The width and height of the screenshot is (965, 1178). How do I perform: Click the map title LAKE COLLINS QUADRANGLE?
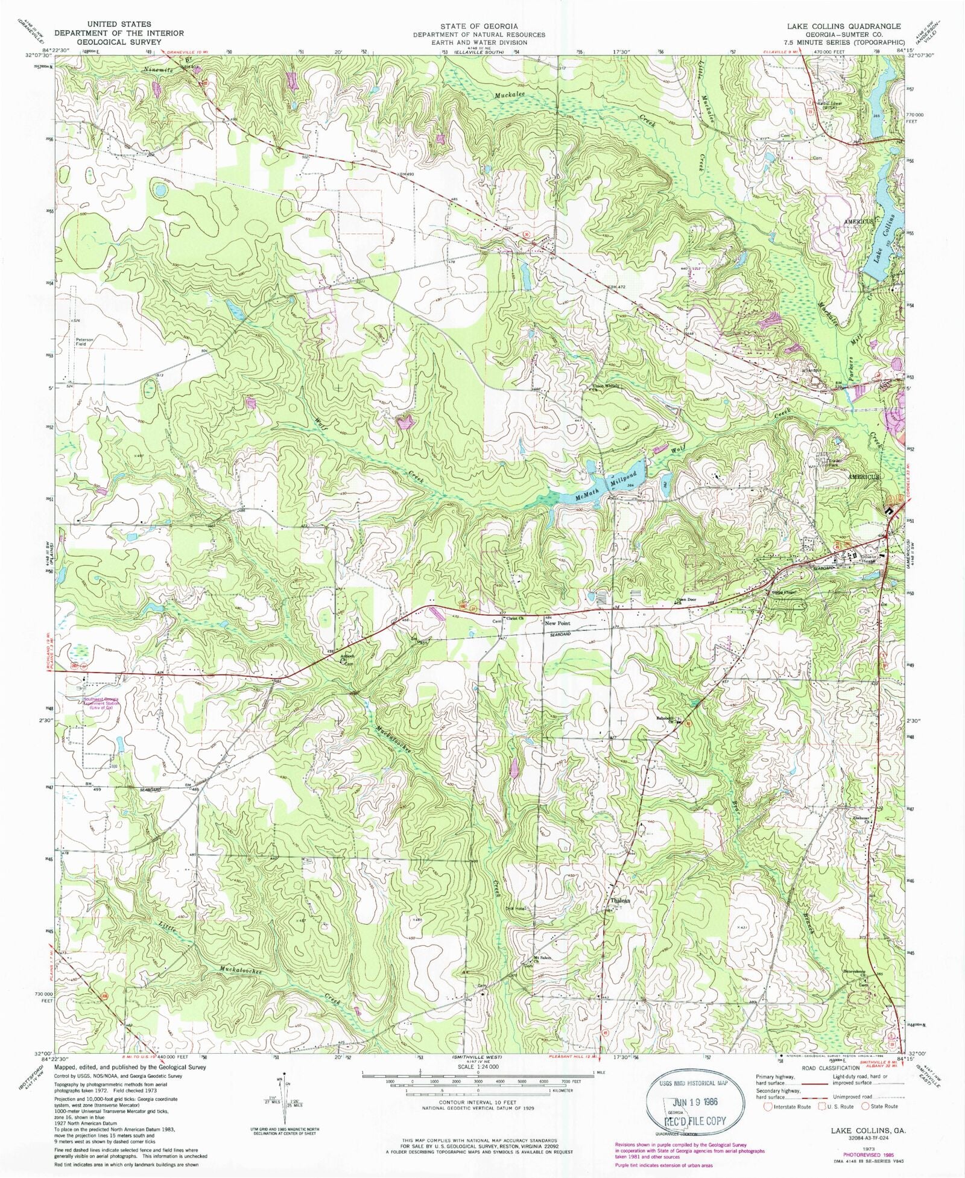(843, 26)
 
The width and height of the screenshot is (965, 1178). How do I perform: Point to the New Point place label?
(557, 623)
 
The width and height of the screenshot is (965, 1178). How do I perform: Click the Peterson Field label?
(84, 341)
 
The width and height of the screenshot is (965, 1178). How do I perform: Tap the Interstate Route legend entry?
(788, 1106)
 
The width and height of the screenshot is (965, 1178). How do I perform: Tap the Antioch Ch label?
(347, 658)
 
